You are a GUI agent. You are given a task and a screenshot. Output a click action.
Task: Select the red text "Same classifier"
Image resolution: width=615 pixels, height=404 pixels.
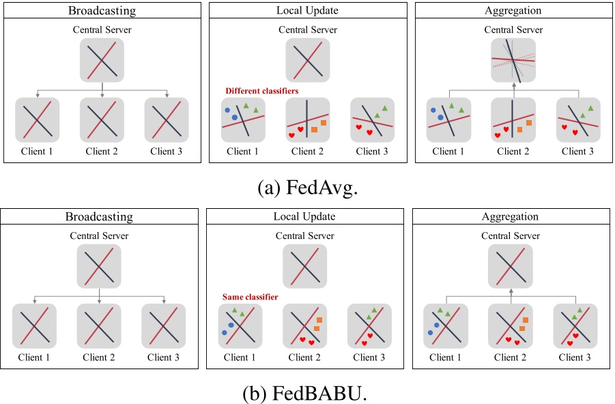point(251,297)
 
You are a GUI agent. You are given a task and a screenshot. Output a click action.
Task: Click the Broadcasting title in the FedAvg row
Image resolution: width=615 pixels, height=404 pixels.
point(102,11)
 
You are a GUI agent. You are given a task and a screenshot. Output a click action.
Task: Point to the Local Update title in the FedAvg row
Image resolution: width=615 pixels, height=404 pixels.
point(307,11)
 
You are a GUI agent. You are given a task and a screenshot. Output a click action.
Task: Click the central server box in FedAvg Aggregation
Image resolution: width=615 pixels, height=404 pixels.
point(513,60)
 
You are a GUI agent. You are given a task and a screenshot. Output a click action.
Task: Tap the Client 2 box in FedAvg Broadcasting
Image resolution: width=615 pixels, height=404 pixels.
point(102,120)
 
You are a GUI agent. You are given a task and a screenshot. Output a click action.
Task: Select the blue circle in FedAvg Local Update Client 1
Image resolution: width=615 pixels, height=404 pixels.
point(234,117)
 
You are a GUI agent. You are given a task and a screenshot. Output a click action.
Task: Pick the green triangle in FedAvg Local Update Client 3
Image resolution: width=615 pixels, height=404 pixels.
point(385,108)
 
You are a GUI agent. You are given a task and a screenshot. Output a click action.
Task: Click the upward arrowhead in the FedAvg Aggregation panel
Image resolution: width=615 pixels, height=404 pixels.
point(513,87)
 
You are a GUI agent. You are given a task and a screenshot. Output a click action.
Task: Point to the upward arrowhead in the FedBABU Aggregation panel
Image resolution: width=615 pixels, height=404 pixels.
point(511,292)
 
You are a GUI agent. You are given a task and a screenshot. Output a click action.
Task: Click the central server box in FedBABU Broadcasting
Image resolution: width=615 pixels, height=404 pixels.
point(100,266)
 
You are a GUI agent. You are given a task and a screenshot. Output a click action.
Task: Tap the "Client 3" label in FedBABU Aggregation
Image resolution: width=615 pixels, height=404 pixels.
point(575,357)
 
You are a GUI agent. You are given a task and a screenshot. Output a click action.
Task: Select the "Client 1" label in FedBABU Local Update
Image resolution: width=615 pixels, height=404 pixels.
point(240,357)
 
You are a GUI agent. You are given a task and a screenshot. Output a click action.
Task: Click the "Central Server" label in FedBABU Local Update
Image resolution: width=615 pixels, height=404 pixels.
point(304,236)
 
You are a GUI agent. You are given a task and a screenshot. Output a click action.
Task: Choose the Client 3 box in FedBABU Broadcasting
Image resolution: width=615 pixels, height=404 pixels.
point(165,326)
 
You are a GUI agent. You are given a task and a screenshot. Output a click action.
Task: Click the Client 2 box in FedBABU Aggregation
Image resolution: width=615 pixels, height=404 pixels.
point(511,326)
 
